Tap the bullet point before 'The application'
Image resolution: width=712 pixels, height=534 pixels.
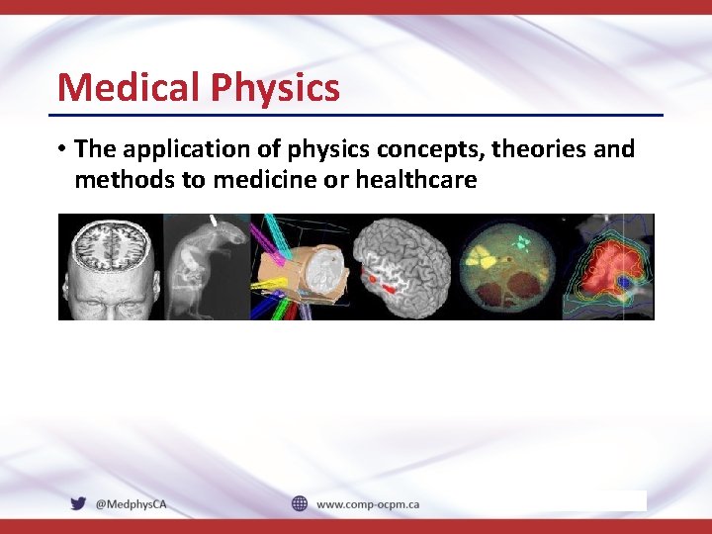pyautogui.click(x=61, y=150)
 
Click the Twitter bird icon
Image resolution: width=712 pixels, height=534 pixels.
pyautogui.click(x=78, y=503)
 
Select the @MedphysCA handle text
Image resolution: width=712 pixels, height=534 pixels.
pyautogui.click(x=132, y=504)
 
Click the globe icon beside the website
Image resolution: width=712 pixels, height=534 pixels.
pyautogui.click(x=300, y=503)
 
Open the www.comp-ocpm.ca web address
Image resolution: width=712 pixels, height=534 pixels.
pyautogui.click(x=368, y=504)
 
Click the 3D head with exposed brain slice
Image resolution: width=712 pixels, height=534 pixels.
pyautogui.click(x=109, y=267)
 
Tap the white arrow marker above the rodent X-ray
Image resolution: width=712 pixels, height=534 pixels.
pyautogui.click(x=214, y=219)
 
